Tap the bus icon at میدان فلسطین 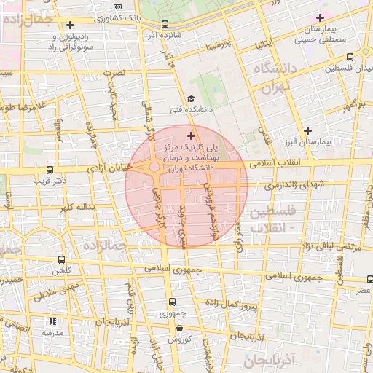(350, 57)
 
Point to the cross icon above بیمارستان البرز (309, 130)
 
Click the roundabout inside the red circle (155, 168)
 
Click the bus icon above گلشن (61, 259)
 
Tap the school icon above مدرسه (51, 321)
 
